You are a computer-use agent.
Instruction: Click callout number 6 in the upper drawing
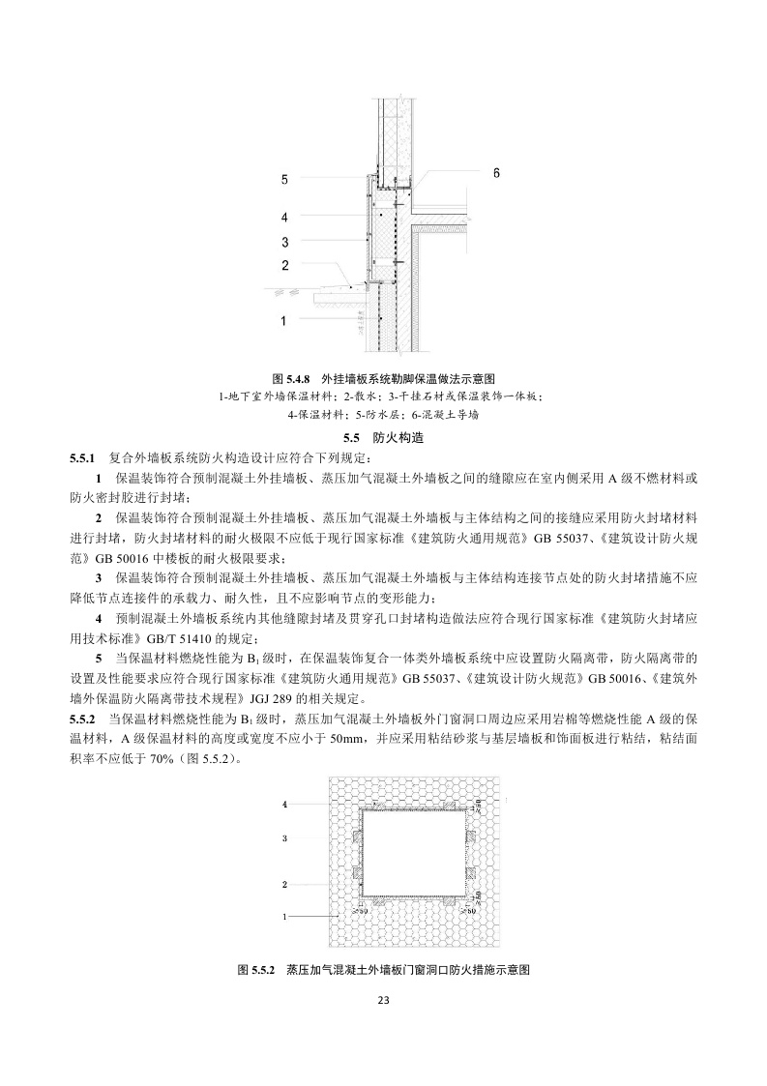pyautogui.click(x=496, y=173)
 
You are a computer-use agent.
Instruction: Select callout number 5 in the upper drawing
pyautogui.click(x=284, y=179)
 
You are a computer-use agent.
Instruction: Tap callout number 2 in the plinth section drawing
pyautogui.click(x=284, y=265)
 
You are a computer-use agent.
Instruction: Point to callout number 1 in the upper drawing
pyautogui.click(x=284, y=319)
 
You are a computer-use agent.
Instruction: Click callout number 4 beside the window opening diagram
pyautogui.click(x=284, y=804)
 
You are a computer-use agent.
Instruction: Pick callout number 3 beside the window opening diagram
pyautogui.click(x=284, y=839)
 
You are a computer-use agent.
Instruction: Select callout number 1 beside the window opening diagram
pyautogui.click(x=284, y=915)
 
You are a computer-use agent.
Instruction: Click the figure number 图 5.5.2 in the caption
pyautogui.click(x=257, y=968)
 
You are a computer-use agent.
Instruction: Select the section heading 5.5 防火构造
pyautogui.click(x=384, y=437)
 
